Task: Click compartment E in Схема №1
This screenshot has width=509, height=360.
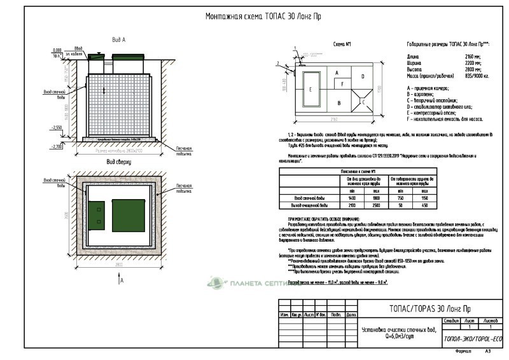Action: pos(310,90)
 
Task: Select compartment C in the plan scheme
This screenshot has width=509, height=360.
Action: pos(362,100)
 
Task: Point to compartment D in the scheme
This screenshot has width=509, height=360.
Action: pos(362,76)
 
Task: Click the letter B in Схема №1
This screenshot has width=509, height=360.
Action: pos(340,101)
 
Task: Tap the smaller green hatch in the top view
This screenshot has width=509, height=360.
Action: pos(97,214)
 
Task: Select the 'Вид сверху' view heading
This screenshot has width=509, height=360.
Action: pos(119,162)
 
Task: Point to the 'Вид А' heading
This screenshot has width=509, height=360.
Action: pos(119,40)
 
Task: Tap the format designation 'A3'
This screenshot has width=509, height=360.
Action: pos(488,350)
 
